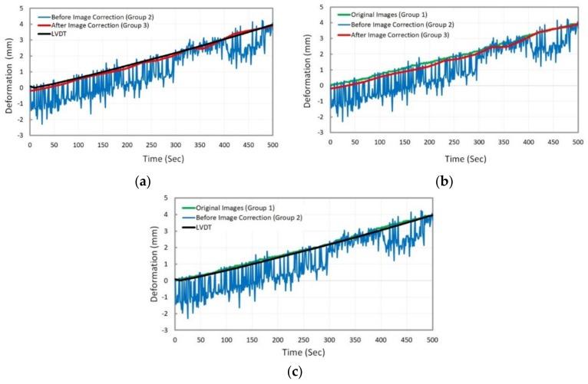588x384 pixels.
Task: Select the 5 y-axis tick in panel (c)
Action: [x=167, y=199]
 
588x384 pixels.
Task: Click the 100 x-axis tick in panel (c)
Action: [x=226, y=338]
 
